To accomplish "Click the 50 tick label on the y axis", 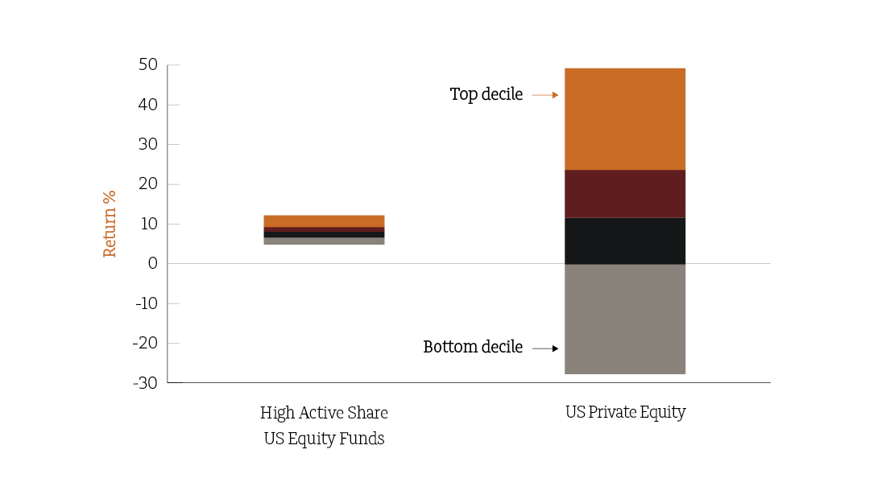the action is pos(147,65).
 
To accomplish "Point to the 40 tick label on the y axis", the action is pos(147,105).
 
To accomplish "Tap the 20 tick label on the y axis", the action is pos(147,184).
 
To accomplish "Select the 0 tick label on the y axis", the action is pos(153,263).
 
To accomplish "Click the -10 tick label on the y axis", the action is pos(147,303).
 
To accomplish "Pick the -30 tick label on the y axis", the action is pos(146,383).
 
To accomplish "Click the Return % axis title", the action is pos(109,224).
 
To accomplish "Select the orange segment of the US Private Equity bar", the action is pos(625,119).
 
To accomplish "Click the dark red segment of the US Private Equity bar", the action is pos(625,194).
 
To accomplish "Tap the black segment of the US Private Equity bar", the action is pos(625,241).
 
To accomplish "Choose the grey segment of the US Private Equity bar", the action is pos(625,319).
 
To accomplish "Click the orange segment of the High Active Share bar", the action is pos(324,221).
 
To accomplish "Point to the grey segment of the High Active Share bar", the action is pos(324,241).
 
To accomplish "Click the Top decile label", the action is pos(486,94).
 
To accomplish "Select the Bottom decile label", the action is pos(473,347).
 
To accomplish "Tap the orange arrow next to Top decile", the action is pos(545,95).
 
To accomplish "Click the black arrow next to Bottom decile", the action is pos(545,348).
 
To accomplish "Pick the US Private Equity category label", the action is pos(626,412).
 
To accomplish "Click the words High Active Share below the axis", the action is pos(324,412).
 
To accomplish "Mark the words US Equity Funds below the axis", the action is pos(324,439).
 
